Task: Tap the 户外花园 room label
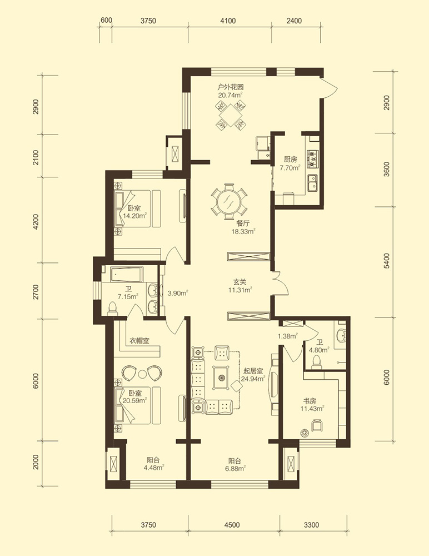click(x=231, y=87)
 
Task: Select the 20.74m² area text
click(x=231, y=95)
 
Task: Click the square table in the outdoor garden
click(x=231, y=115)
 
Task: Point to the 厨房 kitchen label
click(x=291, y=160)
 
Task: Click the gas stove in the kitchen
click(x=313, y=158)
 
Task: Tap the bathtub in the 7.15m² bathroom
click(x=127, y=275)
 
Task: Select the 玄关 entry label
click(x=240, y=282)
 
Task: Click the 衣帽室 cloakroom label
click(x=139, y=341)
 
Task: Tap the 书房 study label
click(x=310, y=401)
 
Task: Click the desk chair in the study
click(x=317, y=425)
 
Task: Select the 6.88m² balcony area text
click(x=234, y=469)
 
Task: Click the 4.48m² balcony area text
click(x=153, y=468)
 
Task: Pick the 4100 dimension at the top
click(x=228, y=21)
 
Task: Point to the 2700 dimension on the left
click(x=36, y=291)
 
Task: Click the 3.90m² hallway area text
click(x=178, y=293)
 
